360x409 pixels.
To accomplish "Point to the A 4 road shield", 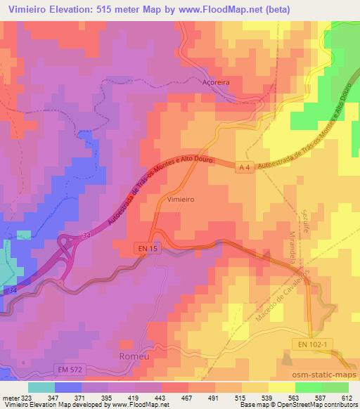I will pyautogui.click(x=243, y=167).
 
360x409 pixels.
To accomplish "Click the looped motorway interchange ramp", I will pyautogui.click(x=70, y=246).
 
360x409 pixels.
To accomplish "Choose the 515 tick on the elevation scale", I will pyautogui.click(x=245, y=397).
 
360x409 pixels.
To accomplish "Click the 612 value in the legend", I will pyautogui.click(x=346, y=397).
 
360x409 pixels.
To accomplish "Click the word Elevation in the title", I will pyautogui.click(x=75, y=8).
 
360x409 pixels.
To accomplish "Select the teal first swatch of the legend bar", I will pyautogui.click(x=41, y=387).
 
